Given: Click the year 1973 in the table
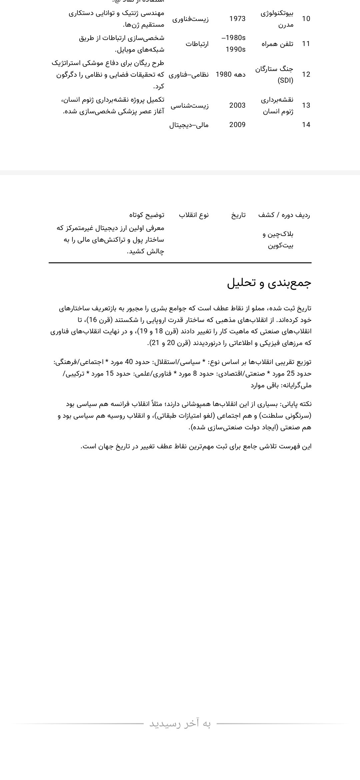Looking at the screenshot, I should [x=237, y=19].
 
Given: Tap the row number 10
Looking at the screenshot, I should [x=306, y=19].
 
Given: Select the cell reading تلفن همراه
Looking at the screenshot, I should [x=277, y=44].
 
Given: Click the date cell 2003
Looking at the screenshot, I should [x=237, y=106].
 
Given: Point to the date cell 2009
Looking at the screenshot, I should [x=237, y=125].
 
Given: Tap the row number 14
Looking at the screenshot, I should [x=306, y=125].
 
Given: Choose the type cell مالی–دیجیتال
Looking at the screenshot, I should [x=189, y=125].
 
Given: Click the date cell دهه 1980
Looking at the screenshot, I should [x=231, y=75].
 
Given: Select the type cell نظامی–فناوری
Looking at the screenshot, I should [x=189, y=75].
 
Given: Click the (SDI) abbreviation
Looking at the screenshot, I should [x=285, y=81].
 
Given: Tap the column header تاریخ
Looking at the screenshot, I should [x=239, y=215].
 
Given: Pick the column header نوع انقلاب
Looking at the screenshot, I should [x=194, y=215].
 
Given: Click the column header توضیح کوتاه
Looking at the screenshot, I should [x=147, y=215].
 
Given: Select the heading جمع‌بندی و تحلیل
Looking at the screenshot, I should [x=269, y=283].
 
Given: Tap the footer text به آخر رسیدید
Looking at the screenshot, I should [x=180, y=724].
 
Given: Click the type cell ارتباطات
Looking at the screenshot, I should [x=197, y=44].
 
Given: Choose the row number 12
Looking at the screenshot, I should [x=306, y=75].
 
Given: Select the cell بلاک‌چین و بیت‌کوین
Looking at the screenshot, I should [x=278, y=240].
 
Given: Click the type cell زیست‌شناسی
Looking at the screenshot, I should [x=190, y=106].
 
